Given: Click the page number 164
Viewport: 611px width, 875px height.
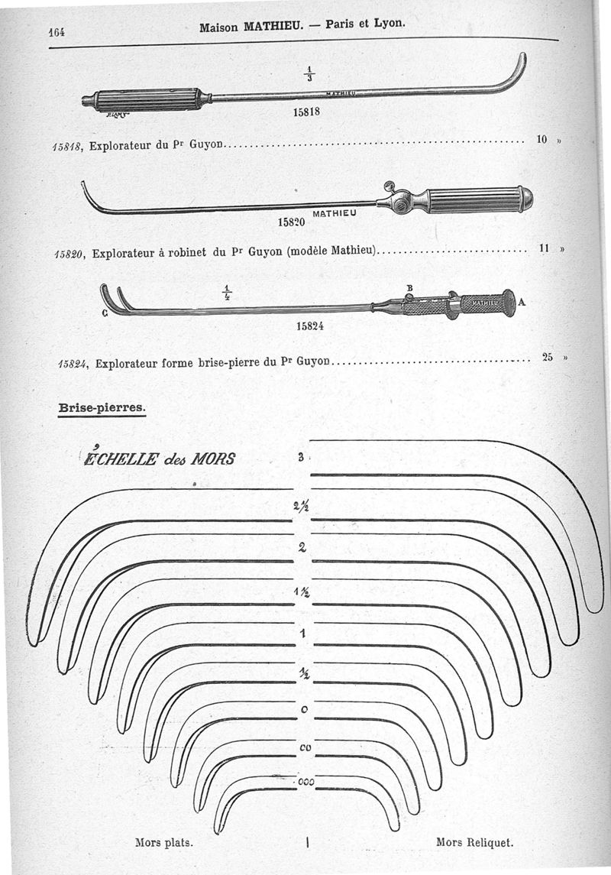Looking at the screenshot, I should [x=56, y=31].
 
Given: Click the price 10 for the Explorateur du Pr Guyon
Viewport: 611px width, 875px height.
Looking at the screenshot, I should [x=542, y=139].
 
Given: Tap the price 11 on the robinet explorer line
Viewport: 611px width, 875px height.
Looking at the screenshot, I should [x=545, y=248].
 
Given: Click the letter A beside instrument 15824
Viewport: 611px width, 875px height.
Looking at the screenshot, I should [x=522, y=303].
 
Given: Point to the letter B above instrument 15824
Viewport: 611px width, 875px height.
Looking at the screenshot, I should [x=409, y=288].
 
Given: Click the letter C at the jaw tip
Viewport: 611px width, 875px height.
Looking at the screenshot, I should [x=104, y=313].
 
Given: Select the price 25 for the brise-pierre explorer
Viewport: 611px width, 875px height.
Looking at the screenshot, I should [x=548, y=356].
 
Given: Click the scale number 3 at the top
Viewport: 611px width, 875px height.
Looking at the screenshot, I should [x=302, y=458].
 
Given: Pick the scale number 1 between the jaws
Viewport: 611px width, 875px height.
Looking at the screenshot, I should [x=303, y=633].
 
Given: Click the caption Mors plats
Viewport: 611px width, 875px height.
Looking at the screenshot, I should [x=163, y=843].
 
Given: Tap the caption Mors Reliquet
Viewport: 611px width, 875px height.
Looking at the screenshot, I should [x=474, y=843].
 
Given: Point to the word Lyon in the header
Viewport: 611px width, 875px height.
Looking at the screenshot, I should [x=390, y=24].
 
